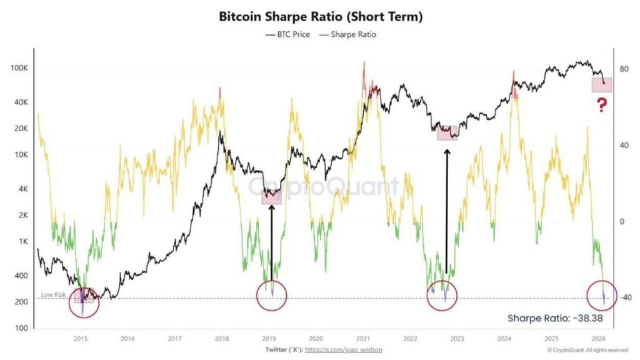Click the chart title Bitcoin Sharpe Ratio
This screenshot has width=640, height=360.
(321, 16)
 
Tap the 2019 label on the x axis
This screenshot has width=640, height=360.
(268, 337)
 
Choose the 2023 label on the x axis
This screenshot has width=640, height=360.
(456, 337)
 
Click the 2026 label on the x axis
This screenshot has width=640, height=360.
(596, 337)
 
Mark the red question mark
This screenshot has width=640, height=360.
(601, 105)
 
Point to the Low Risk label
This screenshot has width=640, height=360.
(54, 294)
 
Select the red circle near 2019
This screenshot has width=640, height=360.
(272, 296)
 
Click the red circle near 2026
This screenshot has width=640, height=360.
(602, 296)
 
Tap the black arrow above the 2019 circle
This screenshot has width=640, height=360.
(271, 241)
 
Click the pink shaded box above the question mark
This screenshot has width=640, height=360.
(602, 85)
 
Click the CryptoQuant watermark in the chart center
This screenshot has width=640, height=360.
(323, 186)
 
